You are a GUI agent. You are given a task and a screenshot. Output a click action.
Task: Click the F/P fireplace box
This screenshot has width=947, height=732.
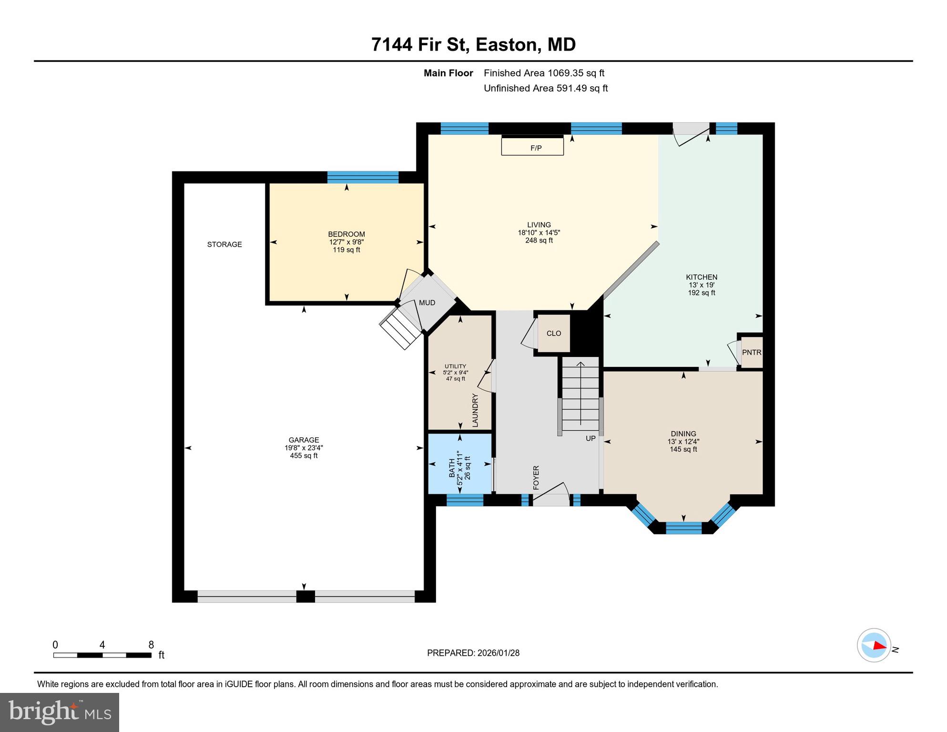532,146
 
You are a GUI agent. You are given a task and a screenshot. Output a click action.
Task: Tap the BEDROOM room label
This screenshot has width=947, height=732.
346,234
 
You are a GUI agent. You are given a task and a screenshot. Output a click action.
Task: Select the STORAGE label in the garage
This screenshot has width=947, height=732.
224,244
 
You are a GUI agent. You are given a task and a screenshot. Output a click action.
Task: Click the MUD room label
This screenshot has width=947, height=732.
427,303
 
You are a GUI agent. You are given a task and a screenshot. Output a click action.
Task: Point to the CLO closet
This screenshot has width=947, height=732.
554,334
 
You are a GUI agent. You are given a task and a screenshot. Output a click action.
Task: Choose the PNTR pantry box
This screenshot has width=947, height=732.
752,353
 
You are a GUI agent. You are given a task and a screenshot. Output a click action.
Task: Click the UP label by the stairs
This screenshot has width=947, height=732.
591,438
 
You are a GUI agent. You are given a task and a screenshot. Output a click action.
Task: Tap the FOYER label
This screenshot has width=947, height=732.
536,478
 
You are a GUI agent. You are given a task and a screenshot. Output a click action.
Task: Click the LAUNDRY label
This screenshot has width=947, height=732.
475,410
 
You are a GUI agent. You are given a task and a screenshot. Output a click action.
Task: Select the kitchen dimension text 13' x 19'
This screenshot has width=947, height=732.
702,285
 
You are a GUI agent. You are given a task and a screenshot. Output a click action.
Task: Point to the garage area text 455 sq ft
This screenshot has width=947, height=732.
304,456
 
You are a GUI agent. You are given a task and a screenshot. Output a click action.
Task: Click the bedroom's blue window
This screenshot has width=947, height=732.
363,177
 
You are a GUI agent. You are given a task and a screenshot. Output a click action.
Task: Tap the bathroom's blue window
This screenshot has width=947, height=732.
465,500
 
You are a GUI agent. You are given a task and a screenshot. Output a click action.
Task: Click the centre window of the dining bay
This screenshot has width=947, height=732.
683,528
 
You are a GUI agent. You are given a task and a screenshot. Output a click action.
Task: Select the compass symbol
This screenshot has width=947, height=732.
874,645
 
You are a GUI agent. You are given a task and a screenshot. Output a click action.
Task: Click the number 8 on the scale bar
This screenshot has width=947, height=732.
151,645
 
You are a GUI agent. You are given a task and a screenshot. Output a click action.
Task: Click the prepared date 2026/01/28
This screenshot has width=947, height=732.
498,653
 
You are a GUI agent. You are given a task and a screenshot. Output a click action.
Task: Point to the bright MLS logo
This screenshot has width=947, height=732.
60,712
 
